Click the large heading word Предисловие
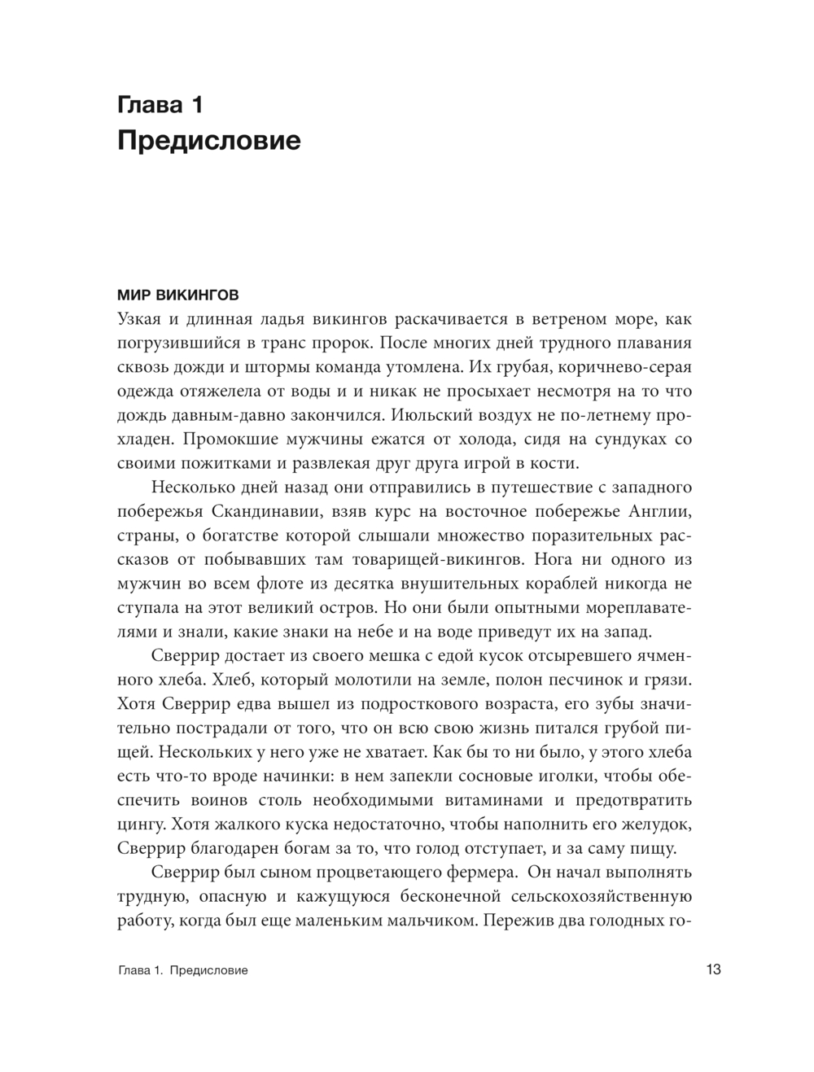(x=209, y=141)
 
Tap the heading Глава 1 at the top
(x=160, y=105)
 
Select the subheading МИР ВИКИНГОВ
(x=178, y=294)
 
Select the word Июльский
(x=435, y=415)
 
